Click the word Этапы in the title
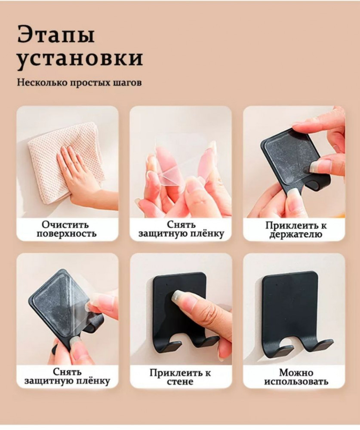click(x=56, y=34)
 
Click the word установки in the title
click(x=80, y=58)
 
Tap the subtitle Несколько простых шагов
click(x=79, y=83)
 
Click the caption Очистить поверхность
click(x=67, y=229)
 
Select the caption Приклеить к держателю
click(x=296, y=230)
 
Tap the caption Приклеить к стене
click(x=180, y=377)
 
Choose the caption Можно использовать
click(x=296, y=377)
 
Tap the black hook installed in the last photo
click(x=296, y=313)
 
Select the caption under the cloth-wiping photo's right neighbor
click(x=181, y=229)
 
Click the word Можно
click(x=296, y=373)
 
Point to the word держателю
click(x=296, y=234)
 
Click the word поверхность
click(x=67, y=233)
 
